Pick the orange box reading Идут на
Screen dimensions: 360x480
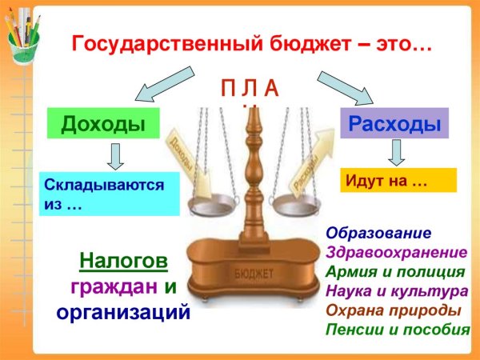pyautogui.click(x=398, y=180)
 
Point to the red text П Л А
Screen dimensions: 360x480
pyautogui.click(x=250, y=89)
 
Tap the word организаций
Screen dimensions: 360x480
pyautogui.click(x=123, y=310)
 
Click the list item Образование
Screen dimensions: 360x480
pyautogui.click(x=378, y=233)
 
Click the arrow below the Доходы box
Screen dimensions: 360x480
pyautogui.click(x=114, y=156)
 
